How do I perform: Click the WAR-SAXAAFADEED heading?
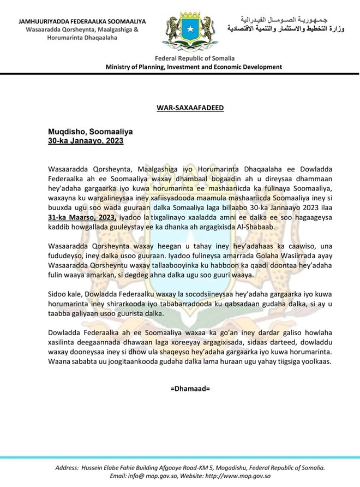point(179,108)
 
